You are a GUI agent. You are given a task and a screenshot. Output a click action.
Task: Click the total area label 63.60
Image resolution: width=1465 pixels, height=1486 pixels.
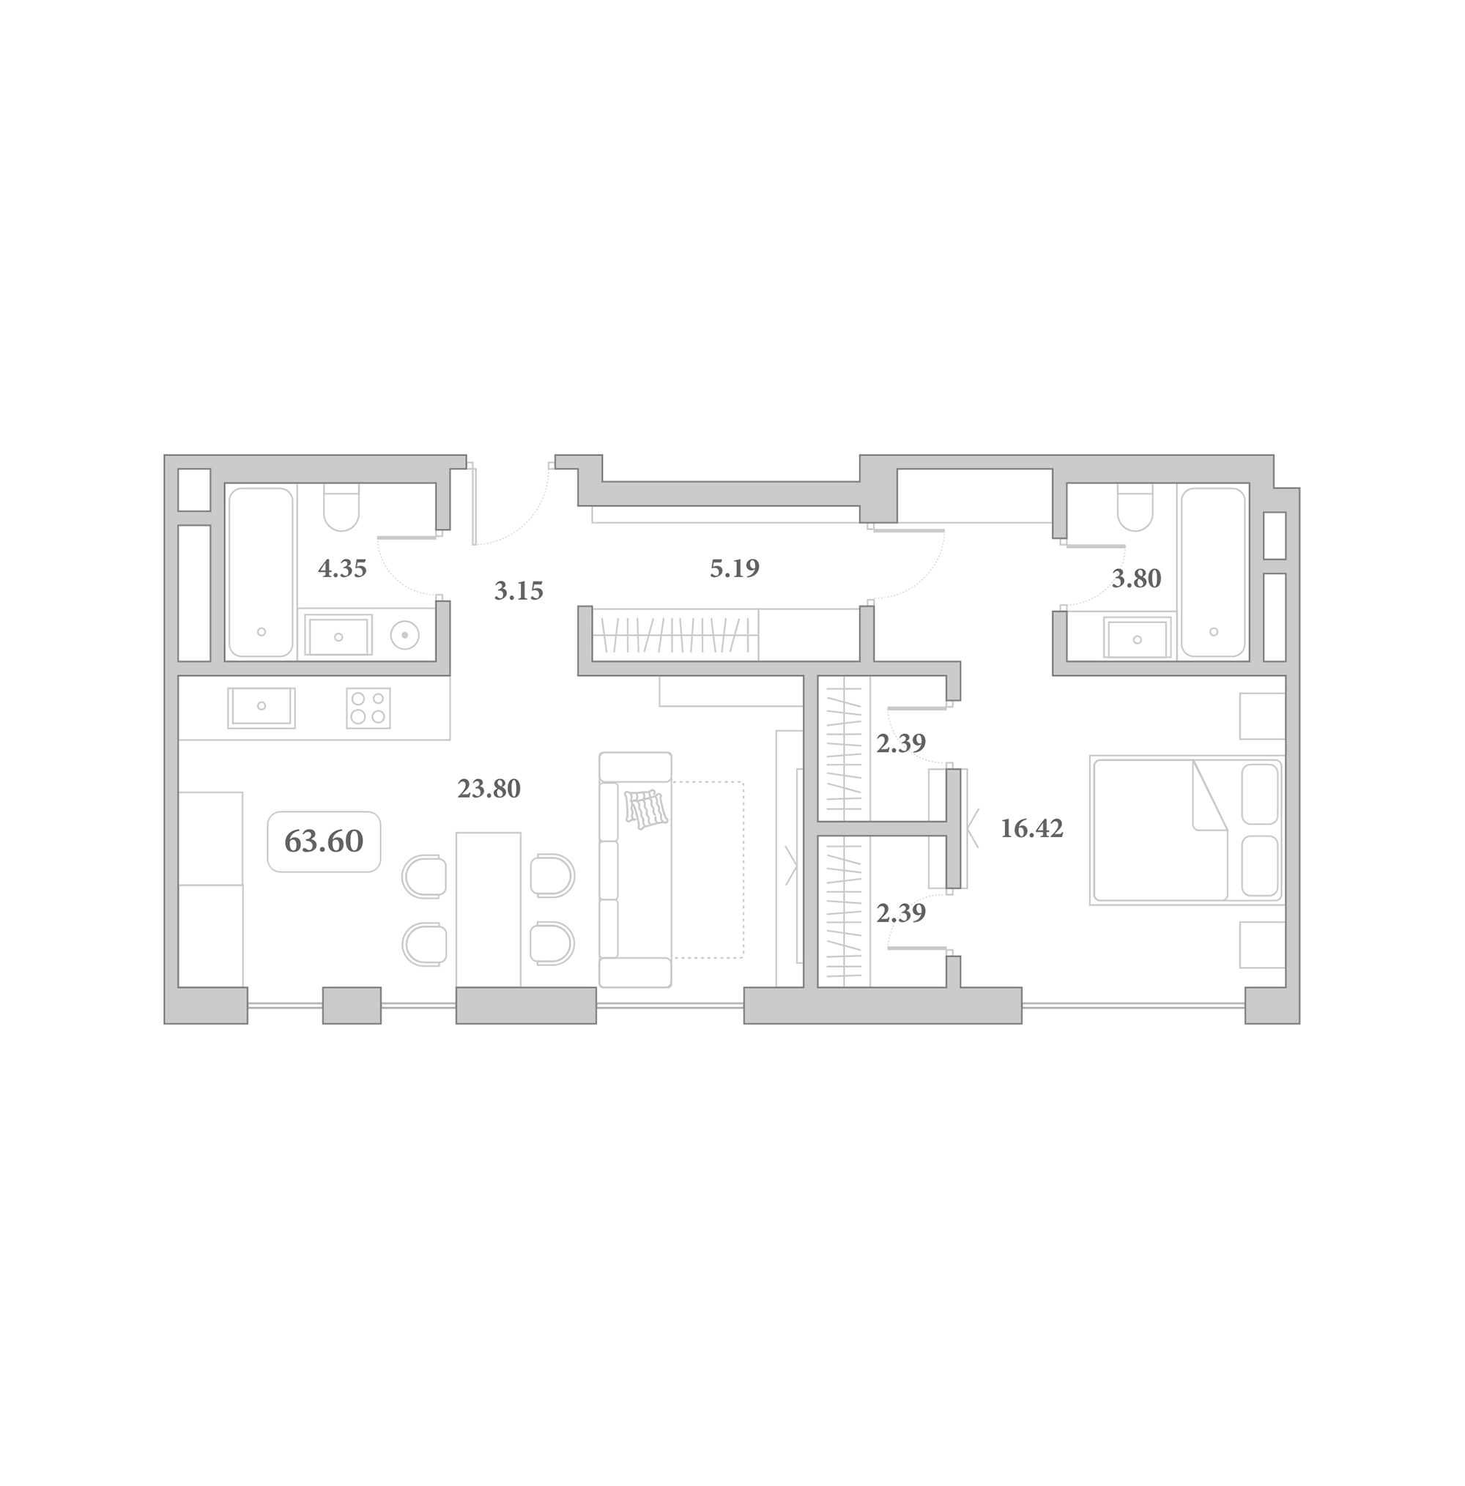point(323,842)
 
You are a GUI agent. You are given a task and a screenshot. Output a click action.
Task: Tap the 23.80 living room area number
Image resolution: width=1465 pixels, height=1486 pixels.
point(489,788)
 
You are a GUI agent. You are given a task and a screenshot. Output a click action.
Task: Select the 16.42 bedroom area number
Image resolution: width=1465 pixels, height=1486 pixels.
point(1031,828)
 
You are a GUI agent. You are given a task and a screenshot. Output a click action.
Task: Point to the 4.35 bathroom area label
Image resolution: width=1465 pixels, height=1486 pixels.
point(341,568)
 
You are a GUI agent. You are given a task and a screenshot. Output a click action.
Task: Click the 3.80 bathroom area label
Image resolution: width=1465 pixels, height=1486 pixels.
point(1135,579)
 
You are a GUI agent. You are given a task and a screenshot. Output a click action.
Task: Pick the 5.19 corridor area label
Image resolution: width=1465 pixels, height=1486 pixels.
point(734,568)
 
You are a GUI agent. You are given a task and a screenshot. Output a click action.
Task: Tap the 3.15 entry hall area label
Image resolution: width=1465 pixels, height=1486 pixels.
point(518,591)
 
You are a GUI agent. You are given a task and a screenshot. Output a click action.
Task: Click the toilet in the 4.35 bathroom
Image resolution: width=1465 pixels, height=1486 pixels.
point(341,507)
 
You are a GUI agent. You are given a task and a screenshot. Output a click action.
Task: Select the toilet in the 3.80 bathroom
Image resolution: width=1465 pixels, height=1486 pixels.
point(1135,507)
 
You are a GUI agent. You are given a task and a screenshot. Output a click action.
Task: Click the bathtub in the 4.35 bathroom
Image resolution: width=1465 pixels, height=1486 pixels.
point(261,572)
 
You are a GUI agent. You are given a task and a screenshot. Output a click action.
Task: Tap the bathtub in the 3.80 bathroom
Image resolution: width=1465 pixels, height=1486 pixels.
point(1214,572)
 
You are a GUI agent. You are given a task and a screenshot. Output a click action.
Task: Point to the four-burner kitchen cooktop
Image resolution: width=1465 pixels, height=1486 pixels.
point(368,708)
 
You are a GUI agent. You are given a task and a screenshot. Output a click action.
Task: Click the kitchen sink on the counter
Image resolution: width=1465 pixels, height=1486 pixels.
point(262,707)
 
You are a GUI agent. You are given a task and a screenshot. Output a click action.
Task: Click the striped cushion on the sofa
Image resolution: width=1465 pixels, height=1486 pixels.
point(646,809)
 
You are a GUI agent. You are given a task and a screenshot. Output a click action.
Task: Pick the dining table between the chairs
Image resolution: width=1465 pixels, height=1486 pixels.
point(488,909)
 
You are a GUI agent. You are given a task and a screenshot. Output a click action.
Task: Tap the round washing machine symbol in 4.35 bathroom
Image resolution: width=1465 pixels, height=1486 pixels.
point(404,635)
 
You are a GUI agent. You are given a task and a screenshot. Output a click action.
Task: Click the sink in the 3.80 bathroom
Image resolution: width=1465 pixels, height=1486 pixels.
point(1138,639)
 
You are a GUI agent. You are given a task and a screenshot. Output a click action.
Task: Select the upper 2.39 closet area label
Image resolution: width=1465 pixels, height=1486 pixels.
point(900,743)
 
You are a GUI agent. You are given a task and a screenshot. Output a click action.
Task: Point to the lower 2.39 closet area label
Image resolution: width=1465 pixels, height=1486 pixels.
point(900,913)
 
